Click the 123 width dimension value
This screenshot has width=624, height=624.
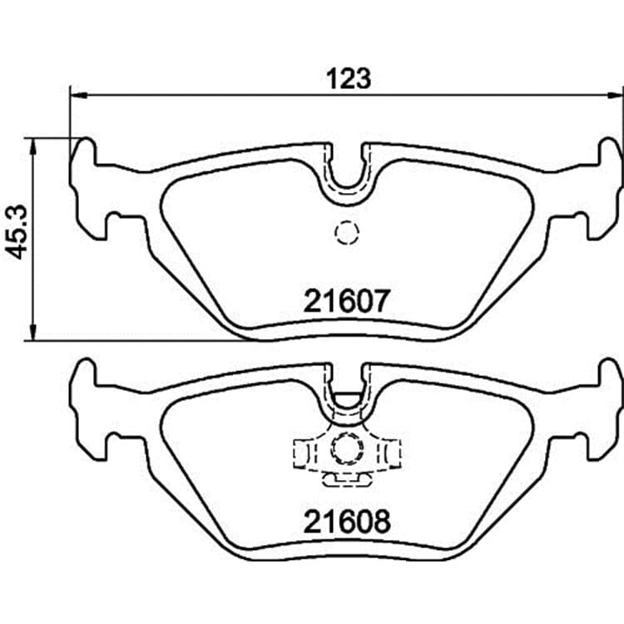(349, 78)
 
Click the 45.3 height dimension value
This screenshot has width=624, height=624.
(17, 232)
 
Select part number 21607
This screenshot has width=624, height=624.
(345, 301)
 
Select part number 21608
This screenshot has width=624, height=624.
(347, 522)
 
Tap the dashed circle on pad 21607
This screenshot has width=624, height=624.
(347, 232)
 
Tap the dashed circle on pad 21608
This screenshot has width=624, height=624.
(347, 448)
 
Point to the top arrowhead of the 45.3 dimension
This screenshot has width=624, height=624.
(33, 146)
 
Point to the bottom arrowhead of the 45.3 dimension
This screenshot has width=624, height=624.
(33, 332)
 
